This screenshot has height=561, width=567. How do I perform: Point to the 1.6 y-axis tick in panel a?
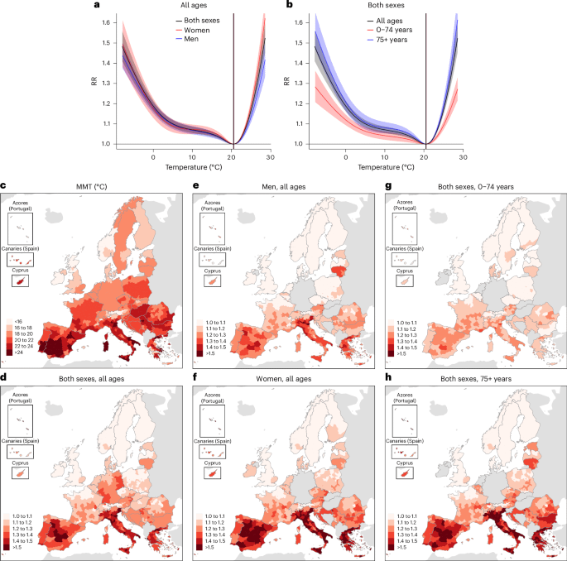click(106, 22)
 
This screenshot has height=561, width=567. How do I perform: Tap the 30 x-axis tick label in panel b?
click(463, 157)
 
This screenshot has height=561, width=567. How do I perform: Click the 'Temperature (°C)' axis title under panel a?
click(194, 167)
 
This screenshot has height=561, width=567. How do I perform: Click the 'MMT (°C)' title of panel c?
click(92, 187)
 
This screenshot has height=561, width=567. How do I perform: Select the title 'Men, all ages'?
click(283, 187)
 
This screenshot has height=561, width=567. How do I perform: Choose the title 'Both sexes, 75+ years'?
click(476, 379)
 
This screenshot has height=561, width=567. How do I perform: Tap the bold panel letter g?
click(388, 186)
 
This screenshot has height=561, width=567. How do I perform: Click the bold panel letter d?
click(3, 378)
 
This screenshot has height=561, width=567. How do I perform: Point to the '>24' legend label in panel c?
click(19, 352)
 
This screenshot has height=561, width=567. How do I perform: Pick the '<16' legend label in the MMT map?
click(18, 321)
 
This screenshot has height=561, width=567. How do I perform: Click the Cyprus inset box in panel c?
click(20, 280)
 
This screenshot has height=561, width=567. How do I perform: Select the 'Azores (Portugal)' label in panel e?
click(212, 206)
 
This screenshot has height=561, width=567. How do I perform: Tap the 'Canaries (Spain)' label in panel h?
click(405, 441)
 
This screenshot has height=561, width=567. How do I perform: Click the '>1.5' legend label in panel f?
click(210, 547)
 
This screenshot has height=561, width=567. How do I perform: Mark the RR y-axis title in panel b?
click(286, 81)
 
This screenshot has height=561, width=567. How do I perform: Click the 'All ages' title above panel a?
click(194, 6)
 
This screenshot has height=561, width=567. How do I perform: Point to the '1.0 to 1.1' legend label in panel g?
click(406, 323)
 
